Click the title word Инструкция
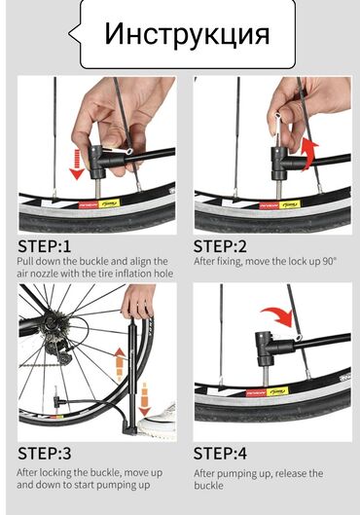(x=187, y=34)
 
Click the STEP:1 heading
(x=45, y=246)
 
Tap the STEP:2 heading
(x=220, y=246)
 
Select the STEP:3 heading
(x=45, y=454)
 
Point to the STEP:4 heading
(x=220, y=454)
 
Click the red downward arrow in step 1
(x=77, y=165)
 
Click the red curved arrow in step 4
(x=277, y=316)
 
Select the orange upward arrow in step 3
(x=120, y=364)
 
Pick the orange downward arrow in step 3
(x=144, y=399)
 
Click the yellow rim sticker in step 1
(x=109, y=204)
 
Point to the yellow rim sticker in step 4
(x=277, y=391)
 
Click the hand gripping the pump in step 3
(x=138, y=301)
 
